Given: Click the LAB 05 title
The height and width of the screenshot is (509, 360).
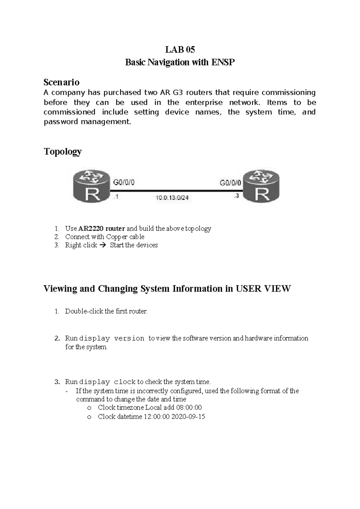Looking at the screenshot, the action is tap(180, 50).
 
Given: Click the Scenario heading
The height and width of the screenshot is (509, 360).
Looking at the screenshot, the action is tap(61, 82).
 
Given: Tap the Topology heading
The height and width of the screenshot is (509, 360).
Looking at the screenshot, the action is tap(63, 152).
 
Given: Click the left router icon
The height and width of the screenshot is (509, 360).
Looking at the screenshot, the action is tap(91, 187).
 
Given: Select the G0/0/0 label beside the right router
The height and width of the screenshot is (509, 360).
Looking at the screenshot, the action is tap(230, 183).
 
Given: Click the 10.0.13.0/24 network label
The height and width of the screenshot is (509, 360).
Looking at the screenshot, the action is tap(172, 198).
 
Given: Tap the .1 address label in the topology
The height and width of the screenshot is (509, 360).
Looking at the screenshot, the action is tap(116, 197).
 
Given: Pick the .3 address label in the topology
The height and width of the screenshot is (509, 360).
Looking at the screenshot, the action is tap(236, 196).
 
